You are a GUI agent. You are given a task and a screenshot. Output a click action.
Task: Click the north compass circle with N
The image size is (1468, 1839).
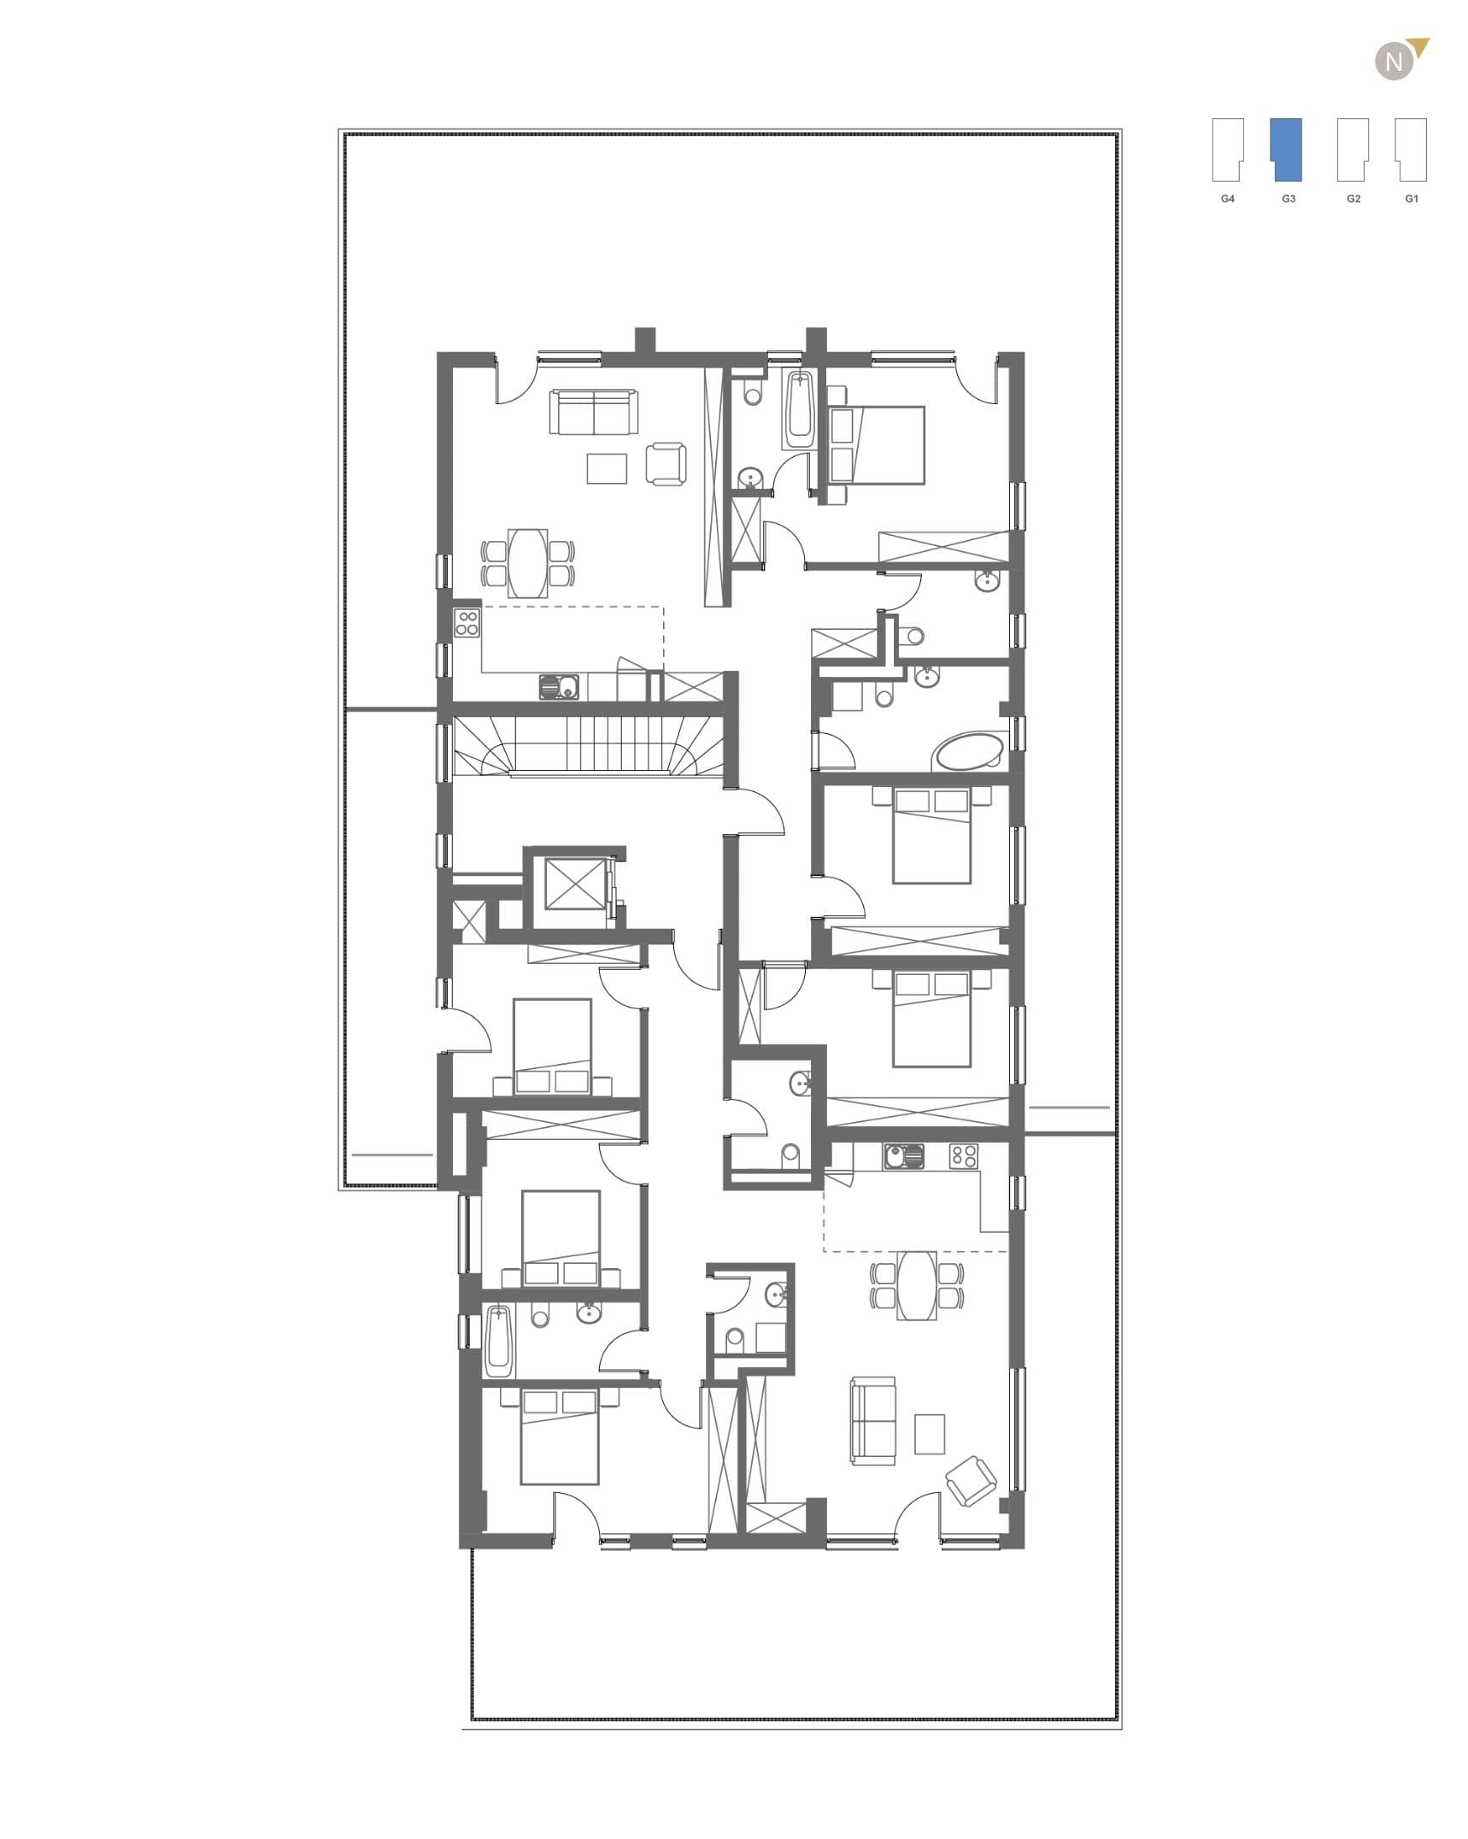point(1395,62)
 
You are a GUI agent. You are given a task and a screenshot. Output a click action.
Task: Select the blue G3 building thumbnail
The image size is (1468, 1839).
point(1287,150)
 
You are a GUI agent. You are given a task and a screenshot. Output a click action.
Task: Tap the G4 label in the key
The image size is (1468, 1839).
point(1228,198)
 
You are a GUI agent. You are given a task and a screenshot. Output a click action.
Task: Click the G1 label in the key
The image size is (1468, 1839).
point(1412,198)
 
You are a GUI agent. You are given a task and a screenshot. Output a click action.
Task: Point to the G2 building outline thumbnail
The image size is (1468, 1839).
point(1353,150)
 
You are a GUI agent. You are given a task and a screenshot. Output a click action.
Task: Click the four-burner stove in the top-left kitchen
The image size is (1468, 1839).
point(467,622)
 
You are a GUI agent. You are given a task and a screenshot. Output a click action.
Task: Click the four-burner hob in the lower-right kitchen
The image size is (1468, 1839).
point(964,1157)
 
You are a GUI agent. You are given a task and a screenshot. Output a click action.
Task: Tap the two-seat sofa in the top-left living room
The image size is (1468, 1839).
point(594,412)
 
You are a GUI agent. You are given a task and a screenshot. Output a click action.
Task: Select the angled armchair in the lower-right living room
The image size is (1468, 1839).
point(971,1481)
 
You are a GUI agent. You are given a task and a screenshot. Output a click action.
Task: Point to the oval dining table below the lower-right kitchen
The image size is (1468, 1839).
point(917,1285)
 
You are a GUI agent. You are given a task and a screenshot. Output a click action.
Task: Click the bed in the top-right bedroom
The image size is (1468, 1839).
point(878,444)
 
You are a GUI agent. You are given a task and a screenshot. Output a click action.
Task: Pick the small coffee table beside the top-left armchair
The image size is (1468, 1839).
point(608,467)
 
